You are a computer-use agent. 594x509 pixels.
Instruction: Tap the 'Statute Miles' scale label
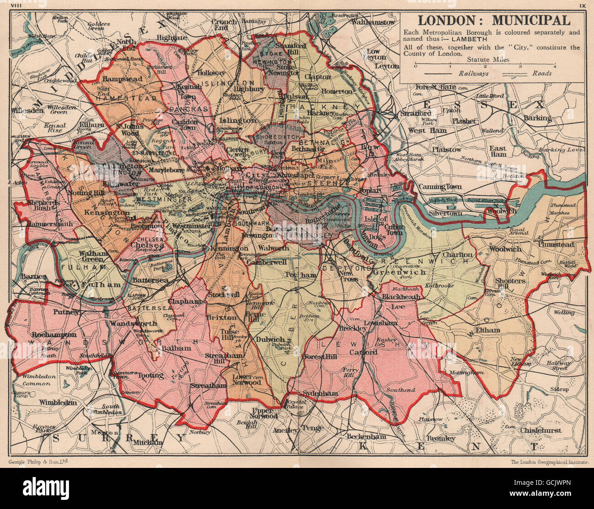pos(485,59)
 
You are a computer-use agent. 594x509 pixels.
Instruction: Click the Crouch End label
pos(224,25)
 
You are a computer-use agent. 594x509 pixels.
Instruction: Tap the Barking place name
pos(537,118)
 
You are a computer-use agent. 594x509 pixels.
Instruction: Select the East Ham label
pos(498,152)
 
